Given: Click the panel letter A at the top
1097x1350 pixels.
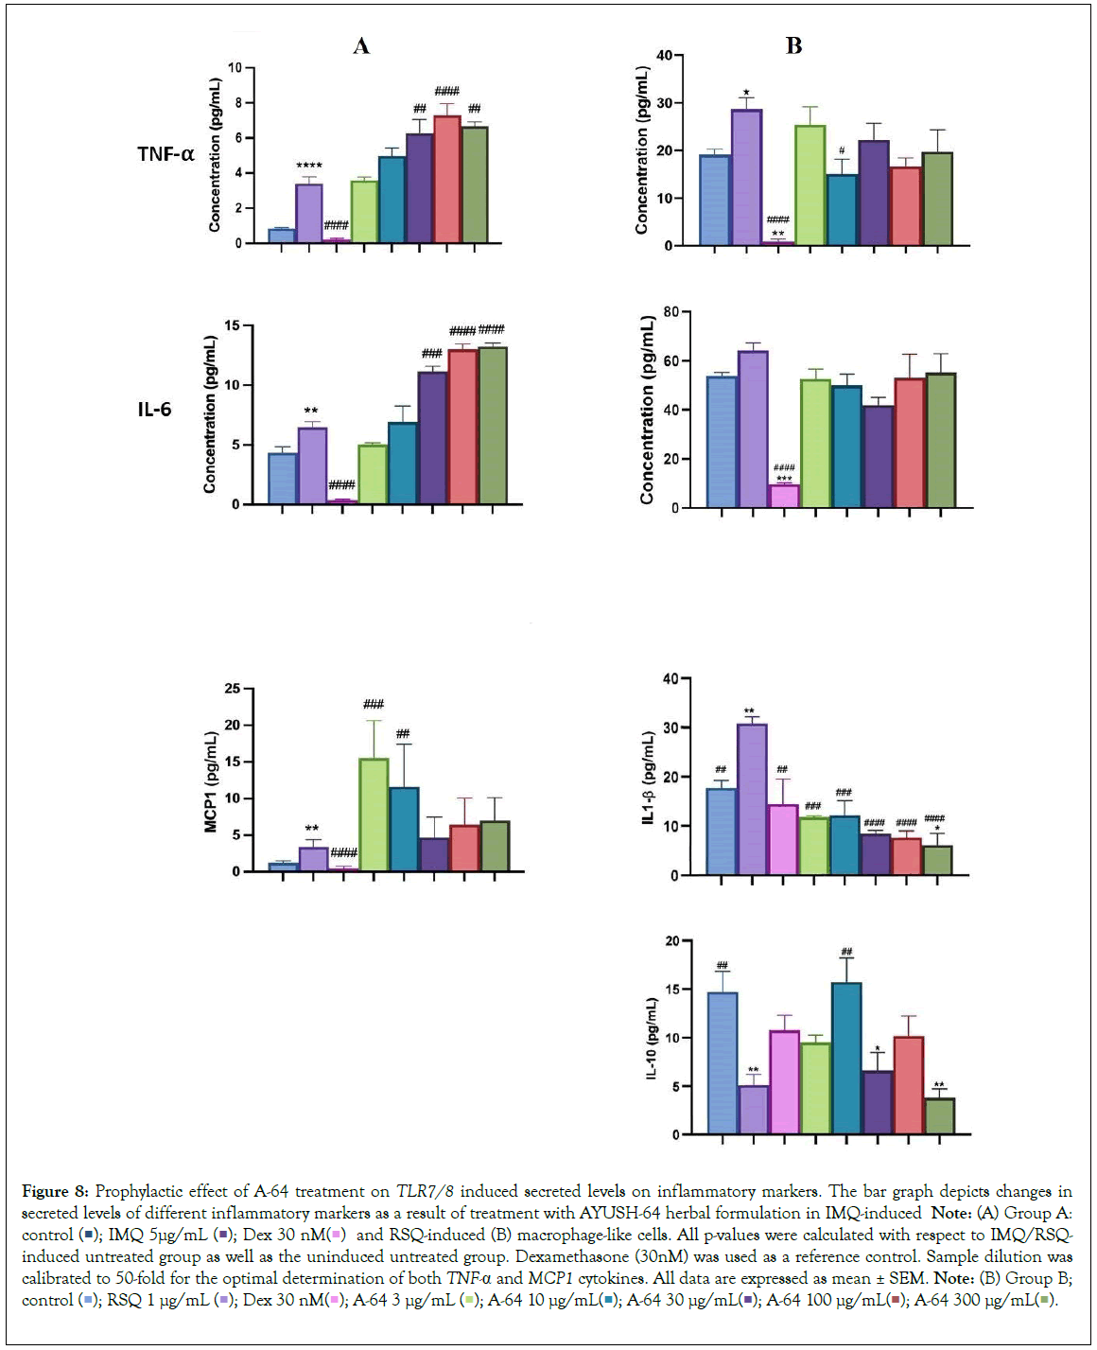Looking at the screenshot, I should click(361, 46).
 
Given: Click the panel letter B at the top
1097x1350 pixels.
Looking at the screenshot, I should click(793, 46).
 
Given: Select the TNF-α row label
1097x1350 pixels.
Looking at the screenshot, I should click(165, 154).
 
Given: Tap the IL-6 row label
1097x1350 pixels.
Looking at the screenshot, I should click(154, 410).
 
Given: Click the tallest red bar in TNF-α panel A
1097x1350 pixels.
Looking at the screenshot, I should click(446, 180).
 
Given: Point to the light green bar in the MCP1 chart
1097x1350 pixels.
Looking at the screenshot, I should click(374, 815).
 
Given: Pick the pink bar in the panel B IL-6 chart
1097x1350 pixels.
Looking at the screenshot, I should click(784, 497).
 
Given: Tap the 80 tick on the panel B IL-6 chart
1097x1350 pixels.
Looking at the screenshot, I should click(670, 312).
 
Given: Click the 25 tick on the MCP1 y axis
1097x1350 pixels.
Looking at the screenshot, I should click(233, 689).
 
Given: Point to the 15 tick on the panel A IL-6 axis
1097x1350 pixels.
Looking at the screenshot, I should click(233, 326).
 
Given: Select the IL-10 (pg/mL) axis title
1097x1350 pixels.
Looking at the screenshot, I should click(651, 1038).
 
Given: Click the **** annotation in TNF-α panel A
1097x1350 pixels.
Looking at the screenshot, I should click(309, 167).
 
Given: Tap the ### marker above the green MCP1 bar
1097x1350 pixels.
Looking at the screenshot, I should click(374, 704).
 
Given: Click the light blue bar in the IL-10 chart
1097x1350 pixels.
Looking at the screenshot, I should click(723, 1063).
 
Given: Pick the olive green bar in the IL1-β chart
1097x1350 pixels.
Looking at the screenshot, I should click(938, 860).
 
